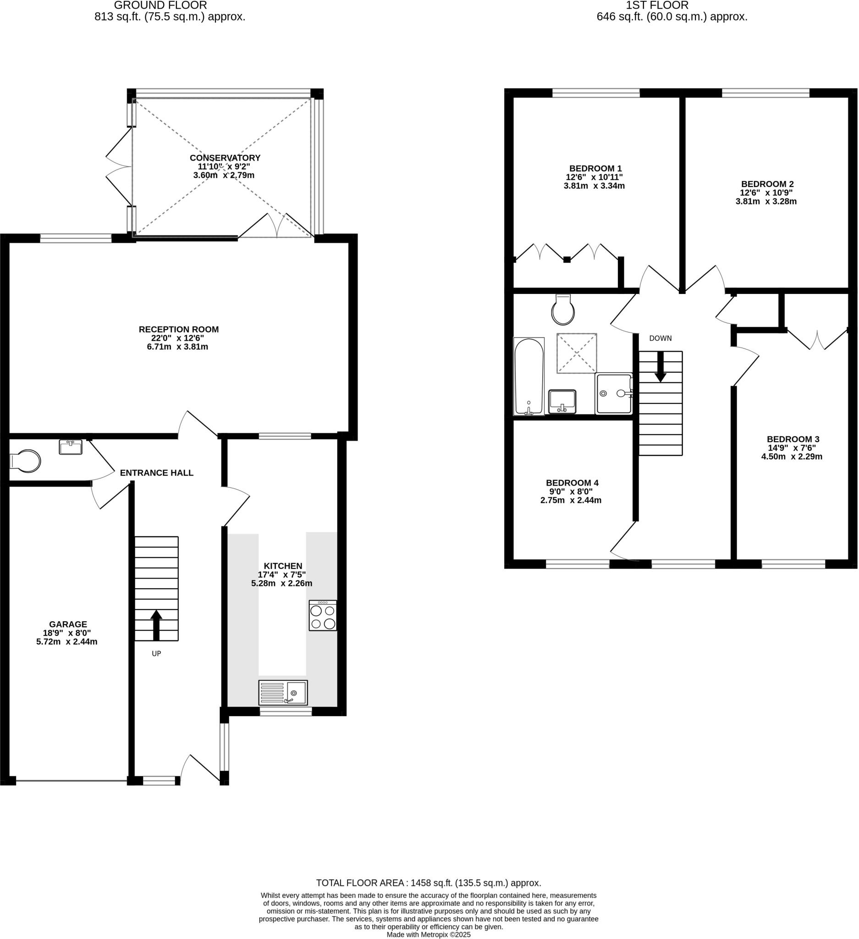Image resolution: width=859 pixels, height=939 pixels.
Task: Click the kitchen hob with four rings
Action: click(x=323, y=616)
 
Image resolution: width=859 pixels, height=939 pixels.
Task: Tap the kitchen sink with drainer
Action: click(x=283, y=693)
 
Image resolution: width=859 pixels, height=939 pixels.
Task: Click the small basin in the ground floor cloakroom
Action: click(x=70, y=447)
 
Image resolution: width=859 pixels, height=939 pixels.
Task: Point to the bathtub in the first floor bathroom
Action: click(x=529, y=376)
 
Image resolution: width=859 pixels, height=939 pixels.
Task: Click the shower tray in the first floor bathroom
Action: click(x=614, y=393)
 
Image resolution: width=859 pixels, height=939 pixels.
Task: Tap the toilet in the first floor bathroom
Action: click(x=563, y=310)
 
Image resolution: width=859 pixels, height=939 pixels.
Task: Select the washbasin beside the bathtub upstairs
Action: click(x=562, y=402)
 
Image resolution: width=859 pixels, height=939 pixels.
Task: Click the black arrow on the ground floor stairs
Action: click(x=156, y=625)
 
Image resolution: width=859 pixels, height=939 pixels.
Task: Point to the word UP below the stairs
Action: click(x=156, y=654)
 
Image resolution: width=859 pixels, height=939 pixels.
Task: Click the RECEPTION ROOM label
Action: click(x=179, y=329)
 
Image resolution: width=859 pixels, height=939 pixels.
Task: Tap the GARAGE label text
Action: click(x=68, y=624)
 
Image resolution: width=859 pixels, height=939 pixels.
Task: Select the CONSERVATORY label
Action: click(x=225, y=158)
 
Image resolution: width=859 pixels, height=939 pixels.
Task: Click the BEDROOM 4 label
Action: click(x=572, y=483)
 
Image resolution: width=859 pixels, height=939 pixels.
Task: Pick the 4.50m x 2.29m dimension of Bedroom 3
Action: click(x=792, y=457)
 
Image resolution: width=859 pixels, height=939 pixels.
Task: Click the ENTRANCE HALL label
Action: click(x=156, y=473)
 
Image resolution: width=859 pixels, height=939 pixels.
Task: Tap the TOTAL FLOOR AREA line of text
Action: click(x=428, y=883)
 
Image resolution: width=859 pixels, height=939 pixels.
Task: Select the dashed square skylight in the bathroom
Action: click(x=577, y=353)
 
